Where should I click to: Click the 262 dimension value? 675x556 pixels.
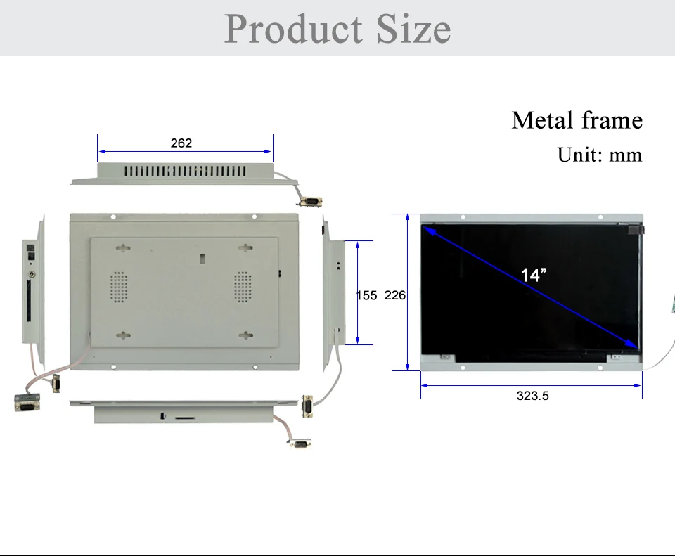tap(181, 143)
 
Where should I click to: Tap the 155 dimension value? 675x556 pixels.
tap(367, 295)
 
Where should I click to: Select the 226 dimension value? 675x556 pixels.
tap(394, 295)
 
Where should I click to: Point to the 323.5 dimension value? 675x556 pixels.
tap(532, 396)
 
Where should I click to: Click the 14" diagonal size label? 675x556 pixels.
tap(534, 275)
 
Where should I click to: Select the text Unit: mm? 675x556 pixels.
tap(600, 155)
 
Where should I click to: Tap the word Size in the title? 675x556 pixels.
tap(413, 29)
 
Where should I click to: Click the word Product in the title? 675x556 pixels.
tap(294, 29)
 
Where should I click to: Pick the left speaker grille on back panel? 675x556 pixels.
tap(118, 287)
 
